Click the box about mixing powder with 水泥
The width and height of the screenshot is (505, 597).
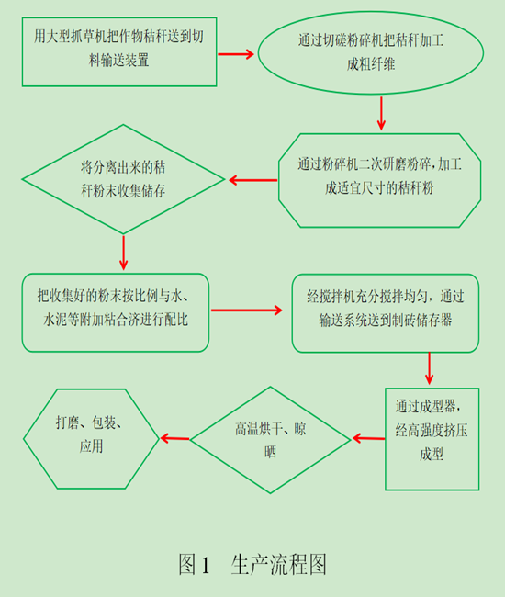point(116,313)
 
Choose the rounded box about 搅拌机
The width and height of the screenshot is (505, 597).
point(386,312)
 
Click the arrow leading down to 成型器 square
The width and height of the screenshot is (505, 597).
point(428,368)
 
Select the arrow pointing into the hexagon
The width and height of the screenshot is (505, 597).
point(175,438)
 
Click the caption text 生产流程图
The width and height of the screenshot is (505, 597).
point(279,563)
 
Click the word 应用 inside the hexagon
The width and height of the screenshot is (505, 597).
point(89,447)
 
